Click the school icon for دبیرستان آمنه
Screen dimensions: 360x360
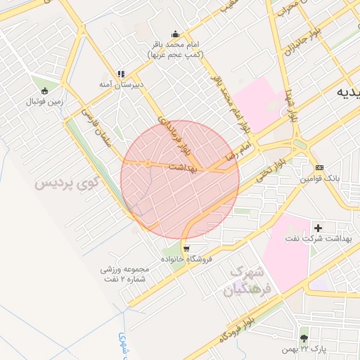coord(120,73)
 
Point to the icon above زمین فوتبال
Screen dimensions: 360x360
coord(46,90)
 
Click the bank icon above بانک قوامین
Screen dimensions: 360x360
coord(320,167)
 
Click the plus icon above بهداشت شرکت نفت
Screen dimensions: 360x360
coord(319,228)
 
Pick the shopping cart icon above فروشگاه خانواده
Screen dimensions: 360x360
coord(186,248)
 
